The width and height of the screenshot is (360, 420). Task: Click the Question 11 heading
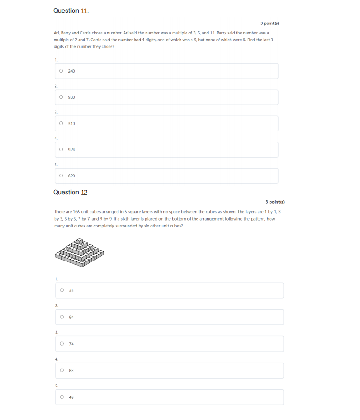click(71, 11)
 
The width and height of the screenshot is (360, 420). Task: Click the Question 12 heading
click(70, 193)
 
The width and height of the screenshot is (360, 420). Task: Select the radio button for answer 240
click(61, 71)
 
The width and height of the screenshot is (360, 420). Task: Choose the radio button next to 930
click(61, 97)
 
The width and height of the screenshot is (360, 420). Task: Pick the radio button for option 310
click(61, 124)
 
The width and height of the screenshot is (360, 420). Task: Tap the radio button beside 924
click(61, 150)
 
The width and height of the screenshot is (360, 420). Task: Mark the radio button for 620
click(61, 176)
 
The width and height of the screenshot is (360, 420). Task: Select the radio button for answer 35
click(62, 290)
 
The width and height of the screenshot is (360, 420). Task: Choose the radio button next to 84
click(62, 317)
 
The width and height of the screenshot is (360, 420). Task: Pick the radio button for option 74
click(62, 344)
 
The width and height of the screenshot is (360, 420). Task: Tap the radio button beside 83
click(62, 370)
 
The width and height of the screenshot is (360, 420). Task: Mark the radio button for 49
click(62, 397)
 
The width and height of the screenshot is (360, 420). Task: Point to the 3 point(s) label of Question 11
click(270, 23)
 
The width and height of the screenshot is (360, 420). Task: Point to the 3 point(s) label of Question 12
click(275, 202)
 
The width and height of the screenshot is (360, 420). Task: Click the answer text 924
click(72, 150)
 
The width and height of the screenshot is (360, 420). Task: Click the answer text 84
click(72, 317)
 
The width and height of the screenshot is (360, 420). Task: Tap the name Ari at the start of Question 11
click(56, 33)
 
